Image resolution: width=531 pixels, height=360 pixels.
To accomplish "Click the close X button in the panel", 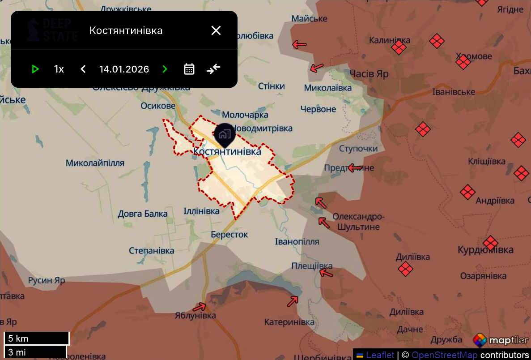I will [216, 30].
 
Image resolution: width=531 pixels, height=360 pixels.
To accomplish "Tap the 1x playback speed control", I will [59, 69].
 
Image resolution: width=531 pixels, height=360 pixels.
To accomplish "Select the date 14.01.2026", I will [124, 69].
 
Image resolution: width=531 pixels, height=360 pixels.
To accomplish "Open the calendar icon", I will [189, 69].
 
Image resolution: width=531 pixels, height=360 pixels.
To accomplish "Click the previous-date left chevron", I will [83, 69].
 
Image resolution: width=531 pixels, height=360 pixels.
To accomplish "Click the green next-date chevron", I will [165, 69].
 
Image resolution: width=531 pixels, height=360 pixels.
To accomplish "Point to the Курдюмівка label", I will [485, 250].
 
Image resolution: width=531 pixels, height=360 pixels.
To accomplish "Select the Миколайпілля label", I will [95, 163].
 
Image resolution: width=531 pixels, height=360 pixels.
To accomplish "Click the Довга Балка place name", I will [143, 214].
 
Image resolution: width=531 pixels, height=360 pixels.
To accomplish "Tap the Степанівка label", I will [151, 251].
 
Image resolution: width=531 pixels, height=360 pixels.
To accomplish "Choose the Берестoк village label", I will [229, 235].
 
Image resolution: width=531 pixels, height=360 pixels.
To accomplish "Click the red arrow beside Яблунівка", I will [200, 307].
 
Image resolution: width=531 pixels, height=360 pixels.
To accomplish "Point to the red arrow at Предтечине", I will [355, 168].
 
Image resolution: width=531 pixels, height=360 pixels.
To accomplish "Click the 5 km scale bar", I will [37, 339].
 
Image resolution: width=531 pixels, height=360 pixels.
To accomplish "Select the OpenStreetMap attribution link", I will [444, 355].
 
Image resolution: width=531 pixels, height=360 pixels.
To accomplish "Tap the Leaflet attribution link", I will [380, 355].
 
